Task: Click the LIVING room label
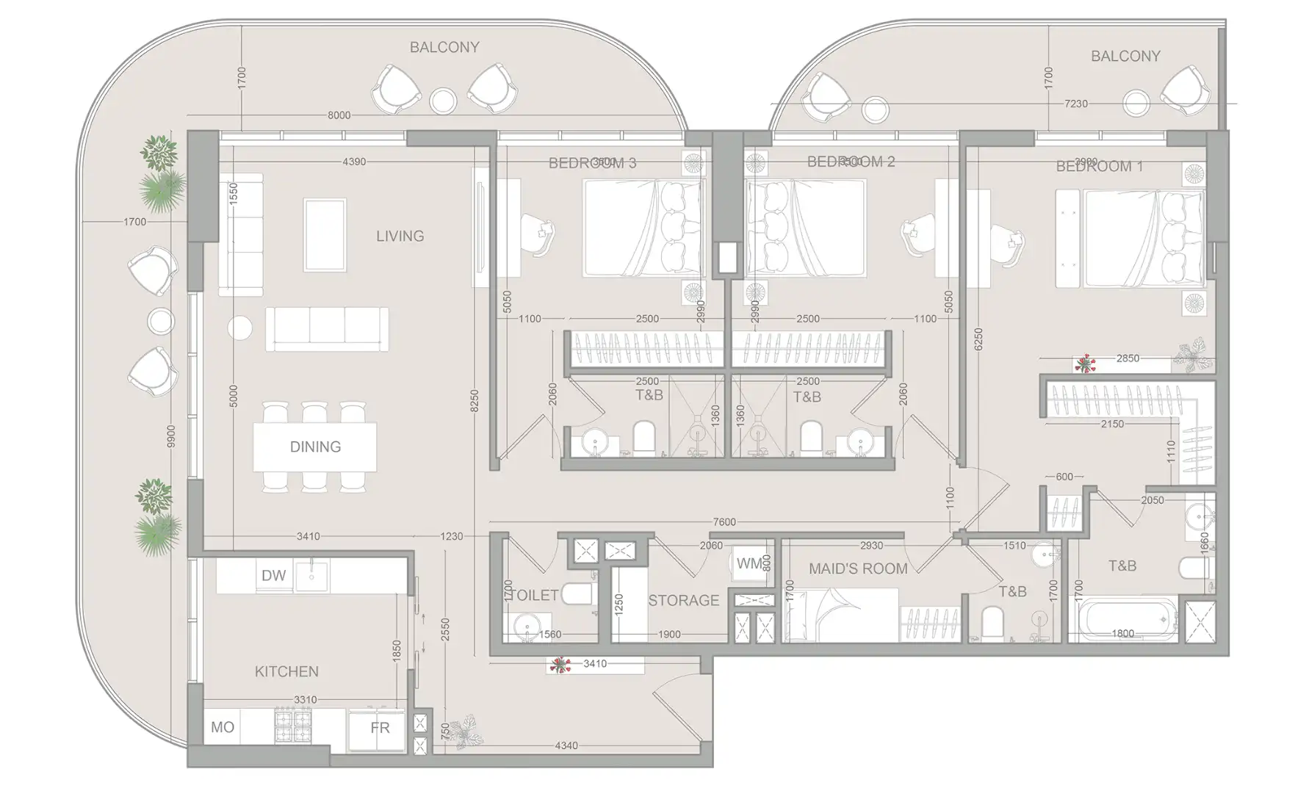[400, 236]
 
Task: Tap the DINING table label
[315, 447]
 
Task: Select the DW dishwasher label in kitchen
[273, 576]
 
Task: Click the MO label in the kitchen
[222, 727]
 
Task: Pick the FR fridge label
[380, 728]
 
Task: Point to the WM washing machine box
[750, 564]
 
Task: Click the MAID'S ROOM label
[857, 569]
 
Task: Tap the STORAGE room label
[683, 601]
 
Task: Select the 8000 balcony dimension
[339, 115]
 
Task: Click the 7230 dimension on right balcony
[1075, 104]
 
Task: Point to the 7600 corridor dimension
[724, 522]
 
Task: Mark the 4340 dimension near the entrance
[566, 745]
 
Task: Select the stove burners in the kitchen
[294, 726]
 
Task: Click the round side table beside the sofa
[239, 328]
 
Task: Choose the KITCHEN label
[286, 672]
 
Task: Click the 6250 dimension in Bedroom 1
[978, 339]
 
